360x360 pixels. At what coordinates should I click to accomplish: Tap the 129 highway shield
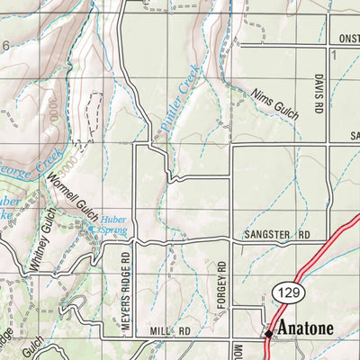(285, 292)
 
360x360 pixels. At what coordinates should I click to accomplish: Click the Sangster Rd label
(276, 235)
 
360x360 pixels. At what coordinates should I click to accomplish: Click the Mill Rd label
(171, 331)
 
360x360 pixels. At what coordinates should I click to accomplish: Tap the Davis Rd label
(319, 94)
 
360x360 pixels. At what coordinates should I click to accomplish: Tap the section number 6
(4, 46)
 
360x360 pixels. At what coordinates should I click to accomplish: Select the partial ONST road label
(346, 39)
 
